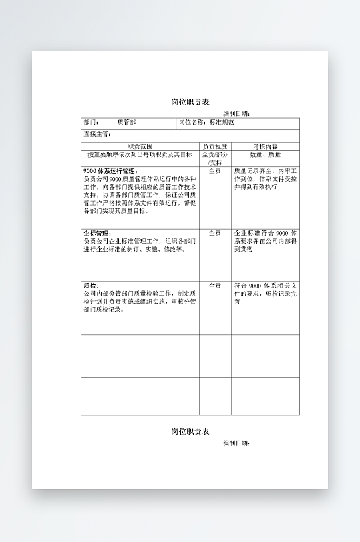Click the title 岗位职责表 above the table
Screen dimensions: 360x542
[190, 102]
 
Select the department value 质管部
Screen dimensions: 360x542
[126, 123]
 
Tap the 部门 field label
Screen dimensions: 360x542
[92, 123]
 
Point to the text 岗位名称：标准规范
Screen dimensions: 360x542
[207, 123]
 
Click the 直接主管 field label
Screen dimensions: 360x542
[97, 134]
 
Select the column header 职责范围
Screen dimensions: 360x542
[140, 146]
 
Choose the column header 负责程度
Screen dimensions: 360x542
[215, 146]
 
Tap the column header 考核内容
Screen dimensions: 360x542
[265, 146]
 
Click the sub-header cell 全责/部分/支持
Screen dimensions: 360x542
[215, 158]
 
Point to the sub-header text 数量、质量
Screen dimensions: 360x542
[265, 154]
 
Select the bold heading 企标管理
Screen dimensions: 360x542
[97, 233]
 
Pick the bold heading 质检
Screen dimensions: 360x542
[91, 286]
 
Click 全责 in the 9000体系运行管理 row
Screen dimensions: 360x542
[215, 171]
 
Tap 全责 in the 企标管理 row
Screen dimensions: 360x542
[215, 233]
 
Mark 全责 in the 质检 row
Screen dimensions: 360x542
[215, 286]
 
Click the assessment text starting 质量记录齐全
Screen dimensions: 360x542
[265, 178]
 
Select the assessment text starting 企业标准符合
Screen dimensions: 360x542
[265, 240]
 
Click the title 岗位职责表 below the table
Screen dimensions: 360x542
[190, 431]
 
